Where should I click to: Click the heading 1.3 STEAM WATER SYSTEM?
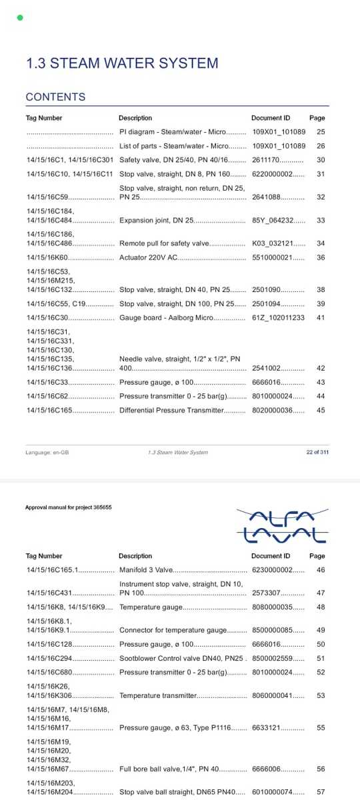(x=122, y=63)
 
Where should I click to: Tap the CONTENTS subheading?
(x=55, y=97)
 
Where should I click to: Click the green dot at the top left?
(x=20, y=17)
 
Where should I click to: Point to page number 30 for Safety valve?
(x=321, y=160)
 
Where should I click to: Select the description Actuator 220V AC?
(x=149, y=257)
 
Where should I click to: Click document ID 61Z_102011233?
(x=278, y=318)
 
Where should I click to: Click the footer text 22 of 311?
(x=317, y=452)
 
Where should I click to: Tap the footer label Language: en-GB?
(x=47, y=452)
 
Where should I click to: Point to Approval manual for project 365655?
(x=68, y=507)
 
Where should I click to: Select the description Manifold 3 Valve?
(x=146, y=570)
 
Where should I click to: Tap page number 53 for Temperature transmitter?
(x=321, y=695)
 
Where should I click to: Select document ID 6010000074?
(x=273, y=792)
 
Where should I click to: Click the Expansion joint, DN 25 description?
(x=156, y=220)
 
